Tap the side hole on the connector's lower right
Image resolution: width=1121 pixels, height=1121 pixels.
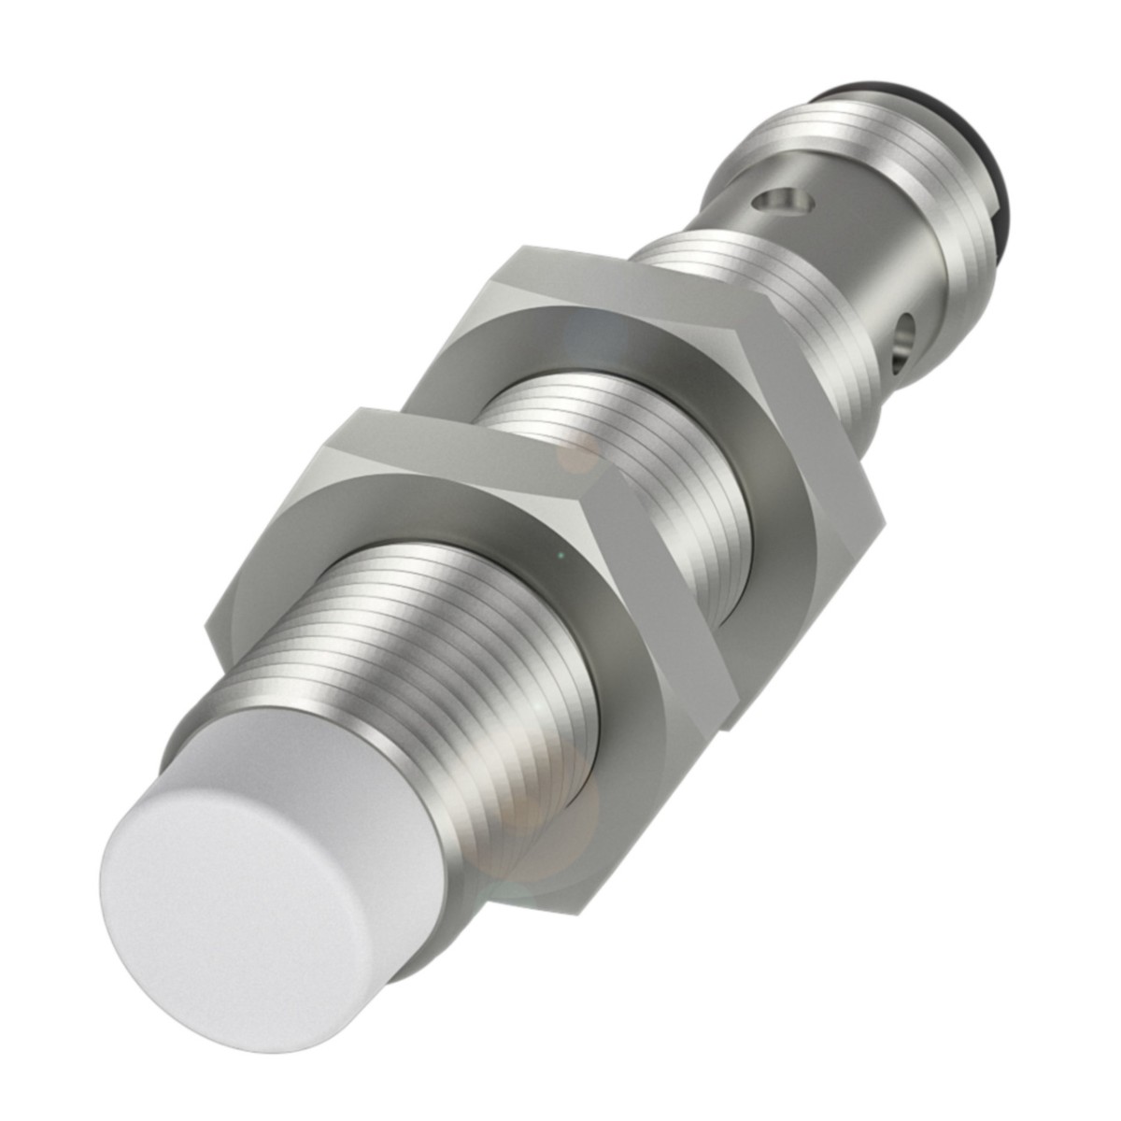905,329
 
